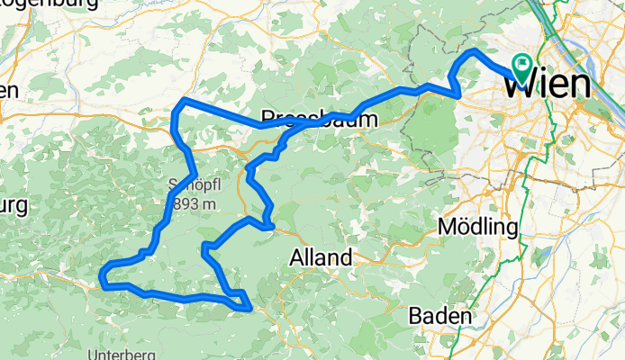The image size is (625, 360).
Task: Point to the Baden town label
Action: pyautogui.click(x=439, y=316)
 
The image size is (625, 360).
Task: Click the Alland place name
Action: pyautogui.click(x=320, y=258)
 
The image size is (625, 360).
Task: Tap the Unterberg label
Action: pyautogui.click(x=118, y=352)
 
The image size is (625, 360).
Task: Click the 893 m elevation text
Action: pyautogui.click(x=193, y=204)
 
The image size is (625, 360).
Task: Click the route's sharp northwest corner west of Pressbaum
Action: pyautogui.click(x=183, y=100)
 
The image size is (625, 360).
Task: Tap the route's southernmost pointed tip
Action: pyautogui.click(x=249, y=310)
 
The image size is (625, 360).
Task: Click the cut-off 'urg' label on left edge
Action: pyautogui.click(x=12, y=205)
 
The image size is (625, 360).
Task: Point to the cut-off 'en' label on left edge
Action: pyautogui.click(x=8, y=90)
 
